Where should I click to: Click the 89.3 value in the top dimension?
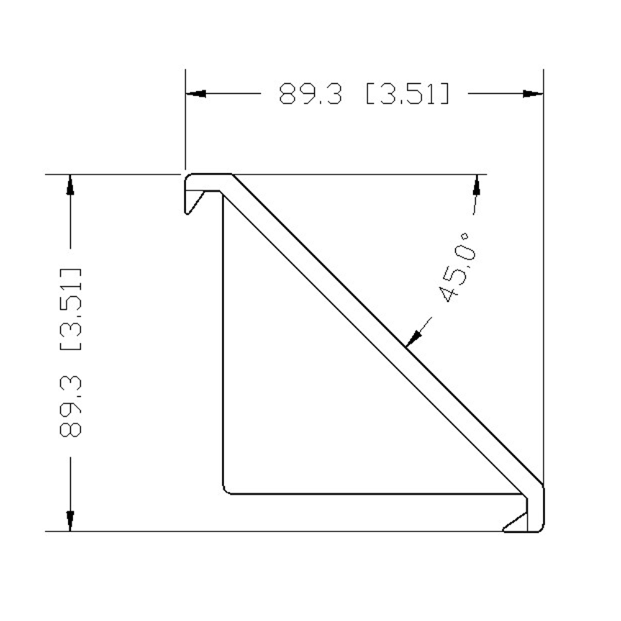(x=310, y=94)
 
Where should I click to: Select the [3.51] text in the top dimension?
(x=407, y=94)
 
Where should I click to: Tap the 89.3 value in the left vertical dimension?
(x=70, y=407)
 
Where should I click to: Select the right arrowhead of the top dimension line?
(x=533, y=94)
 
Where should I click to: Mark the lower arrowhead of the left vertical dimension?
(x=70, y=521)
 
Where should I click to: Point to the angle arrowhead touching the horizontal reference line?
(x=476, y=185)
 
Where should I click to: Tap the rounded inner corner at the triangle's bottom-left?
(x=227, y=491)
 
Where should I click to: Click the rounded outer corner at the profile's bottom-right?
(x=540, y=528)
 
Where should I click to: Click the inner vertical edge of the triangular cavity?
(x=224, y=342)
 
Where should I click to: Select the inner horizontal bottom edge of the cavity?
(x=373, y=494)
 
